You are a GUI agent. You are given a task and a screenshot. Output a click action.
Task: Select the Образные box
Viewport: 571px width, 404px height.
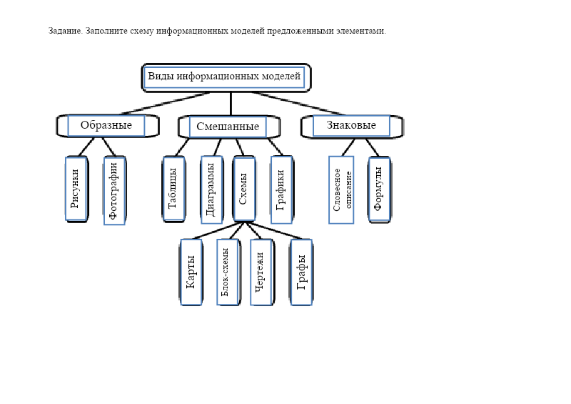(x=106, y=126)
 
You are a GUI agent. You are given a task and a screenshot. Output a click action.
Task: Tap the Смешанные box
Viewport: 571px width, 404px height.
(x=227, y=127)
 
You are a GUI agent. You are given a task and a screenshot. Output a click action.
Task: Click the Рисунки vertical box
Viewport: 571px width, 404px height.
(x=76, y=189)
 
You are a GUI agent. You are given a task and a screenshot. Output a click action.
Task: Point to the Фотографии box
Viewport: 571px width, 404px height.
(x=114, y=191)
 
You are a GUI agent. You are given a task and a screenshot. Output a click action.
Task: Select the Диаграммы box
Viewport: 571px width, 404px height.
(x=211, y=189)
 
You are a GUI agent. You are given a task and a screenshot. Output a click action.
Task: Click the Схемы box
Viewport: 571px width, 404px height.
(x=243, y=189)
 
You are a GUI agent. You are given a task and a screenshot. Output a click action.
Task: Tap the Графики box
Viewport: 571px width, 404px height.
(x=281, y=189)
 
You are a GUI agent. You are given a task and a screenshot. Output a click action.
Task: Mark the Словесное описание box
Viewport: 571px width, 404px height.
(x=341, y=190)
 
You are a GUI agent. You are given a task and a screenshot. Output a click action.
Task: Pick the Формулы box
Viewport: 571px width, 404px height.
(x=379, y=189)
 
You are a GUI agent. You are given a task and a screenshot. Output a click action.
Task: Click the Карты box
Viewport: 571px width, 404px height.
(x=191, y=272)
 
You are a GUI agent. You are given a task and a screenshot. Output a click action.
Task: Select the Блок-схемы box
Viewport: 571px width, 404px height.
(x=227, y=272)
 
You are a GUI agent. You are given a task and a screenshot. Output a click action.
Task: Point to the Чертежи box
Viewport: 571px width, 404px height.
(x=261, y=272)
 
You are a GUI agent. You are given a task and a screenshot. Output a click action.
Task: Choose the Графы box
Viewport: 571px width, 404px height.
(x=301, y=272)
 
